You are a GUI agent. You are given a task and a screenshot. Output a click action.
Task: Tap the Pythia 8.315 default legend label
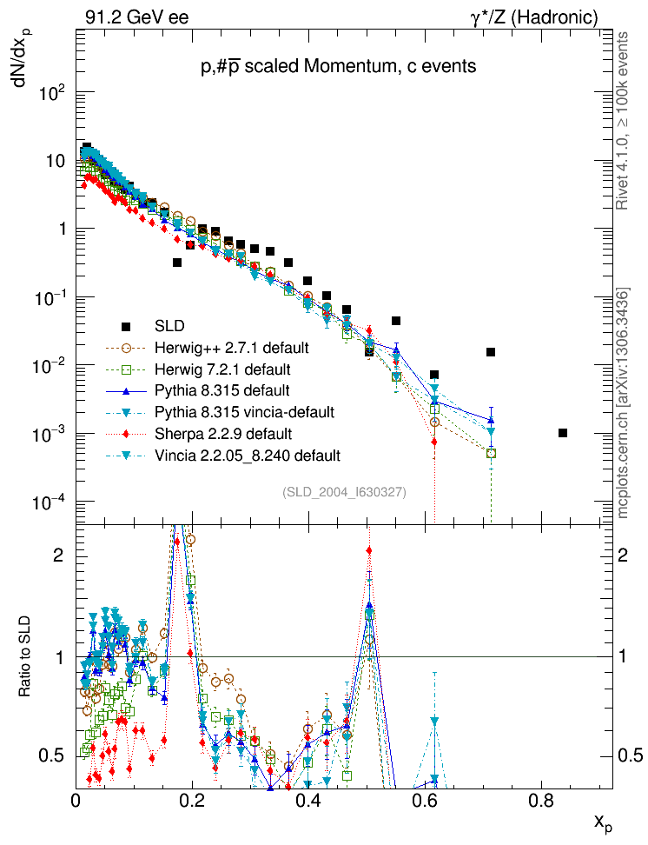221,389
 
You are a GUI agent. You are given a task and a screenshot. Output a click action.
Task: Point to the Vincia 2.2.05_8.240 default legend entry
246,455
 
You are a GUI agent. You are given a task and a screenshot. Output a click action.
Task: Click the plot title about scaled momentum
337,66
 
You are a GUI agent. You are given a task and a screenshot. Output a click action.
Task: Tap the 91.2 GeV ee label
136,17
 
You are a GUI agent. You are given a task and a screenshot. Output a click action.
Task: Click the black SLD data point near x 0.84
563,433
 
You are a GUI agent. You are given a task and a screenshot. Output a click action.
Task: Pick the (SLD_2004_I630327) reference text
344,493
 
